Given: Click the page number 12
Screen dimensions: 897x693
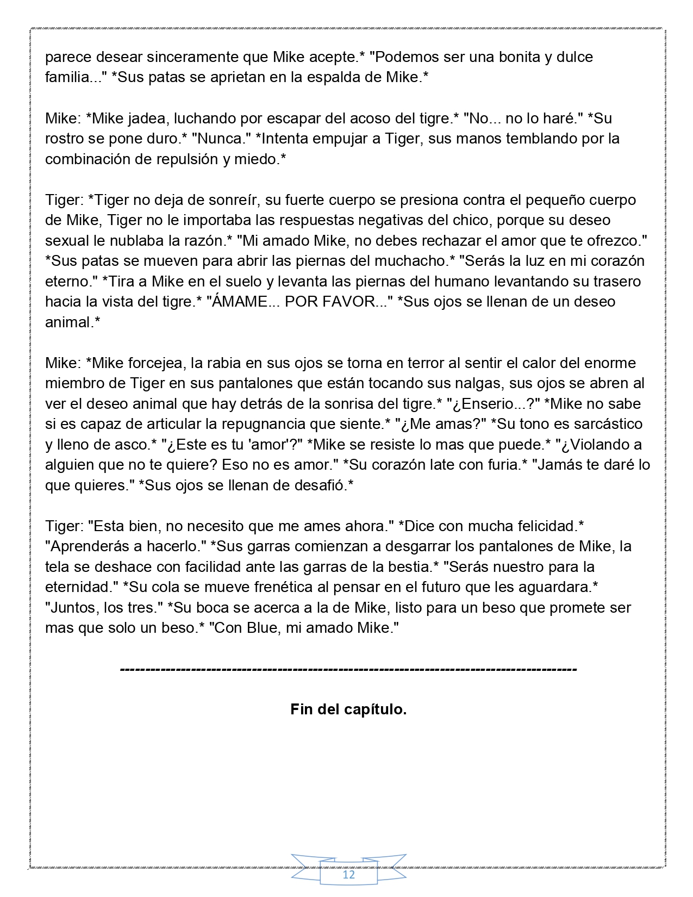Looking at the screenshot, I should [348, 875].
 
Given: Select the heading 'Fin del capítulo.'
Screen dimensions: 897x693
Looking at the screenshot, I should [348, 709].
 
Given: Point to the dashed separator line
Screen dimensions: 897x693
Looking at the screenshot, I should [348, 669].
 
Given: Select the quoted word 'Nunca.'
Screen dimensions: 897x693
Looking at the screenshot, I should [220, 139].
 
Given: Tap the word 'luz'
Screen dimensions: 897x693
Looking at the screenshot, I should [528, 261].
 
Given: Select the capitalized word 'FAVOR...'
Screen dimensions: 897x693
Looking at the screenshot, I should [354, 302].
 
